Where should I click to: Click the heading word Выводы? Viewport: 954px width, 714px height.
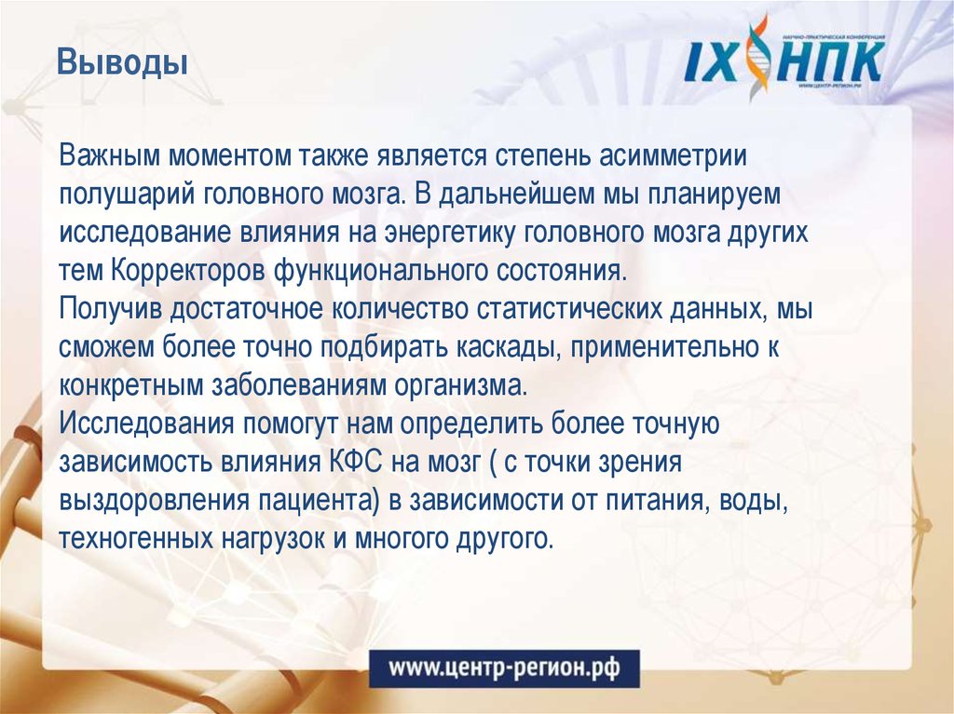pos(122,65)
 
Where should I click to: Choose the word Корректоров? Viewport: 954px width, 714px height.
pos(188,271)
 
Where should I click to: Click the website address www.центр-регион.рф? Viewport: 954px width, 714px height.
pos(504,667)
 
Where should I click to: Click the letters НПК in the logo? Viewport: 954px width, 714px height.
pos(829,62)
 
